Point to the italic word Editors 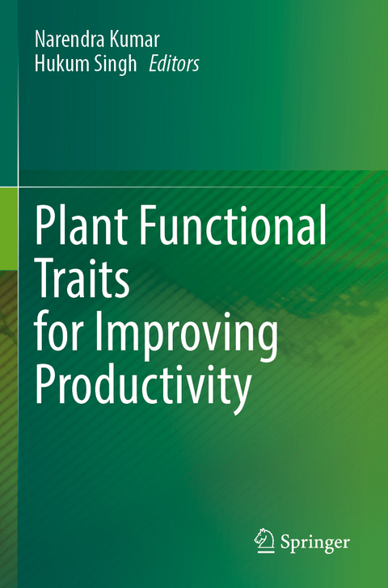click(x=174, y=65)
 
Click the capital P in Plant click(x=44, y=229)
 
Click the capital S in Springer click(x=285, y=541)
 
